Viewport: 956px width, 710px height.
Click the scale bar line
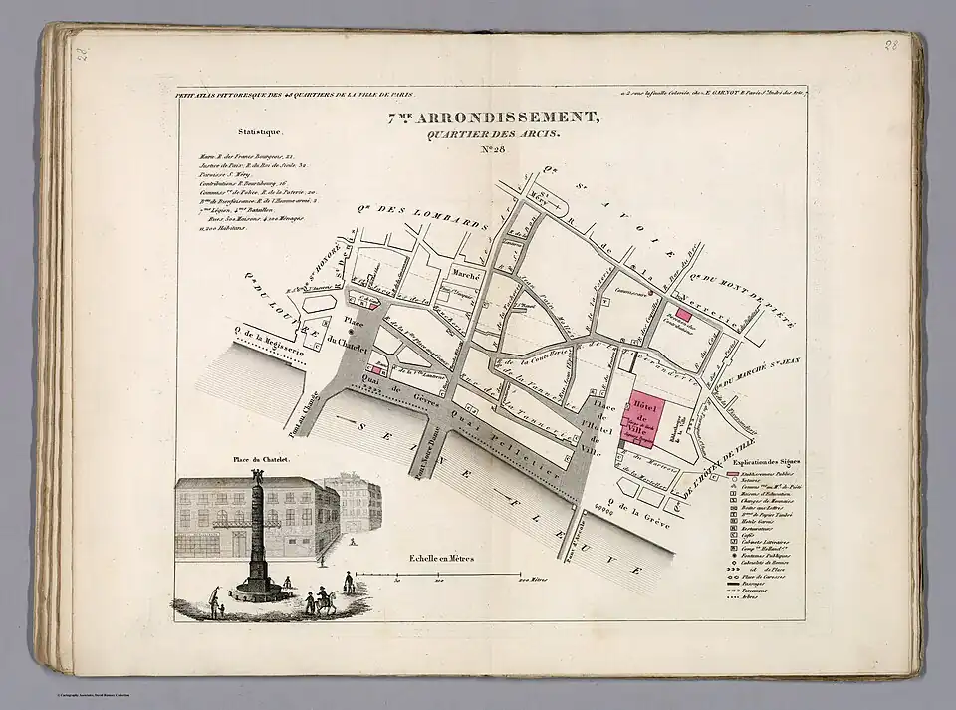[x=438, y=576]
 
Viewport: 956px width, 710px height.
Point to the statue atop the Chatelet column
[x=258, y=475]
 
